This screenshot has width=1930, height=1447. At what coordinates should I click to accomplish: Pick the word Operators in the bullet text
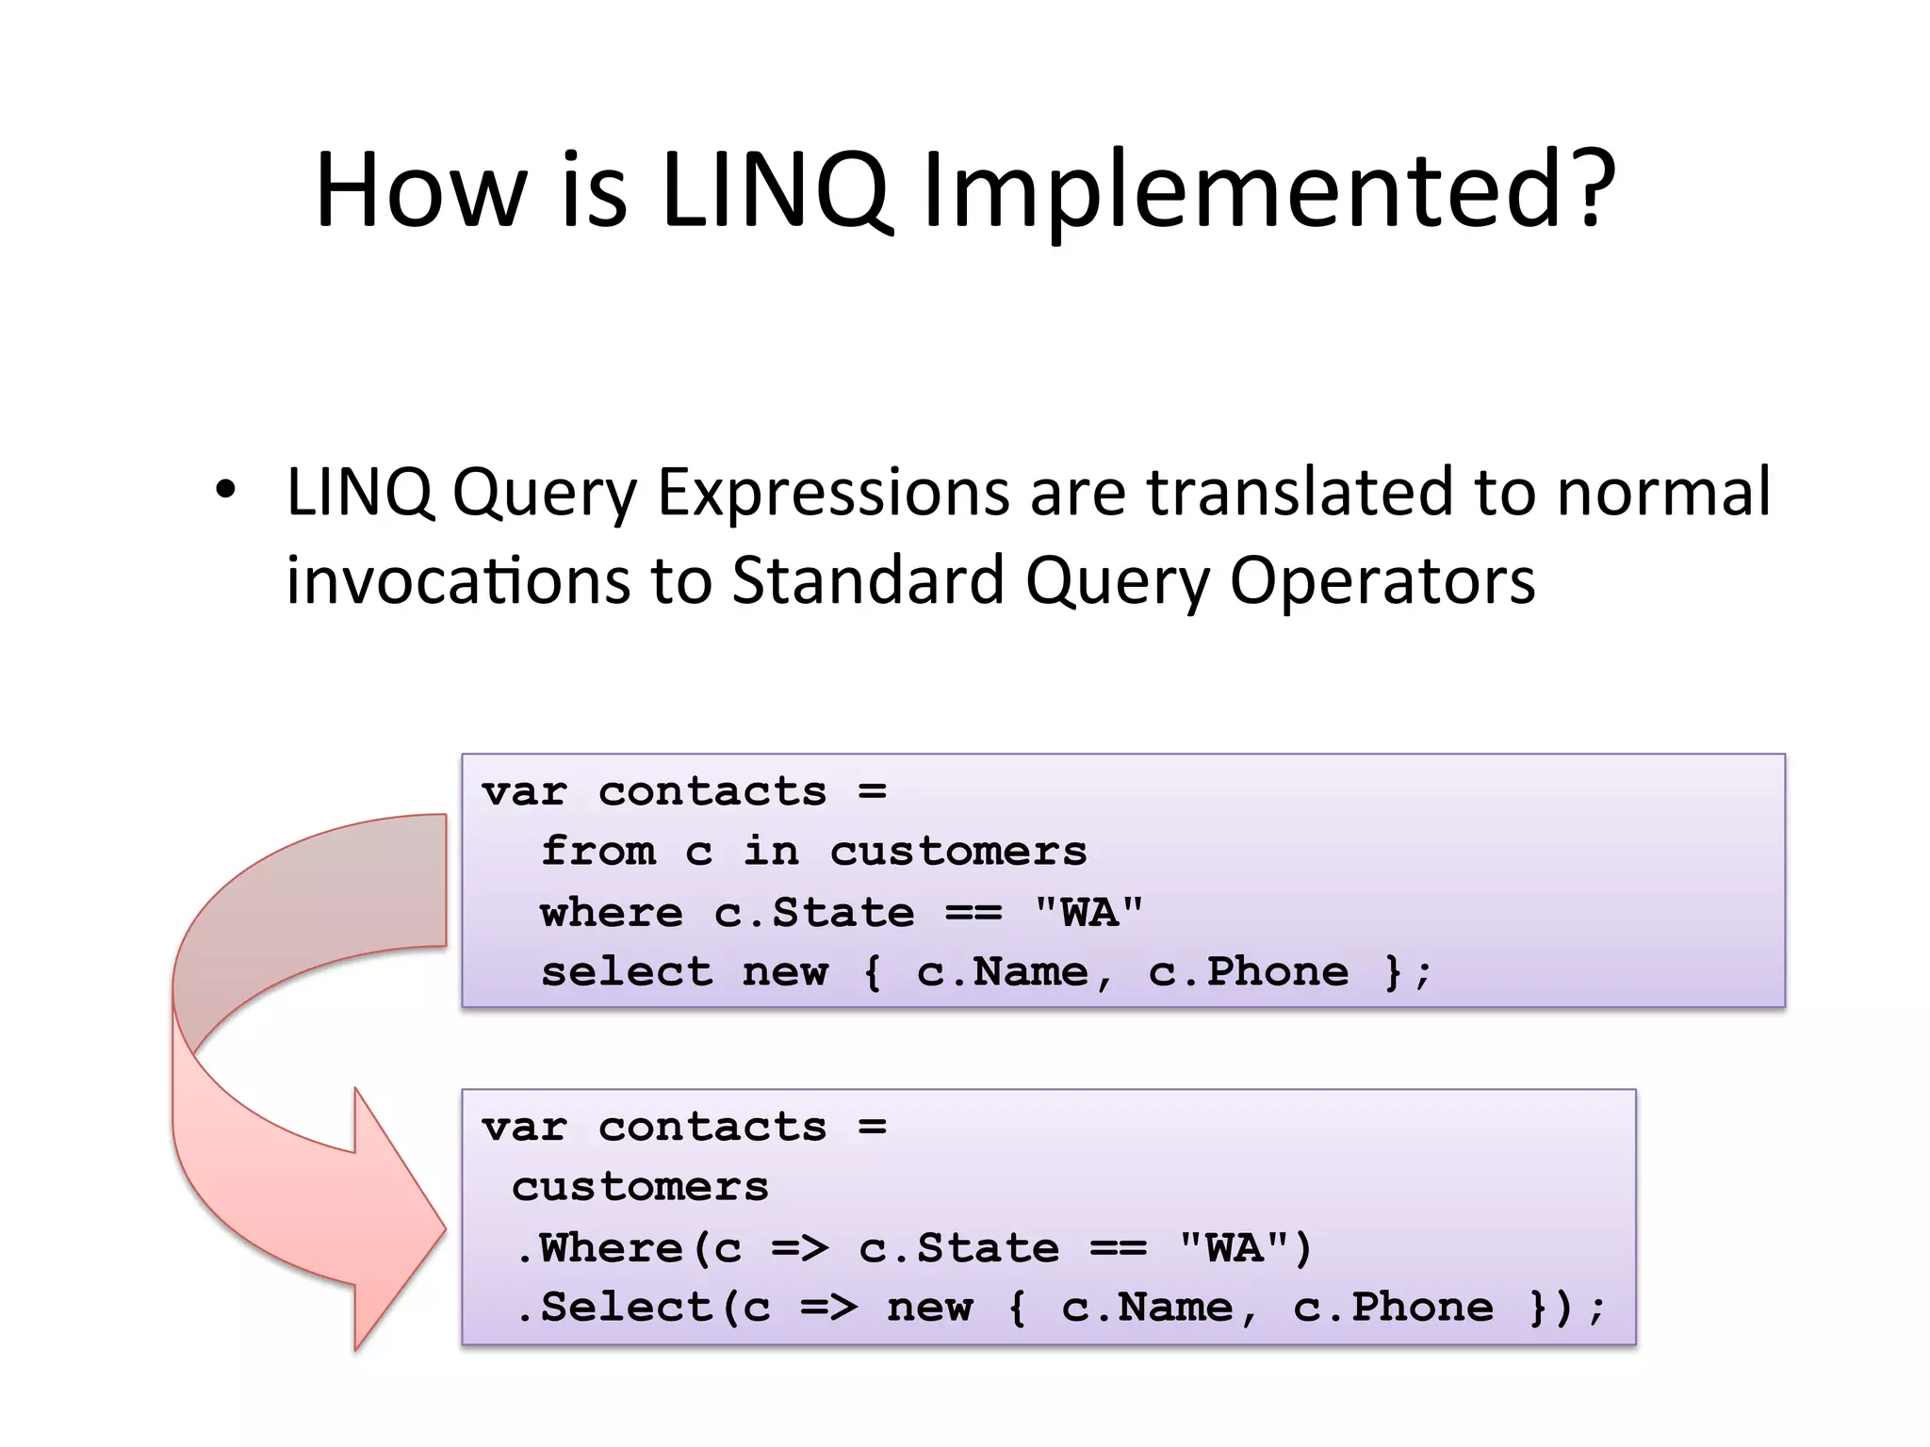pos(1382,580)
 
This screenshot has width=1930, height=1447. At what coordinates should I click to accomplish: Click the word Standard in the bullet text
pos(868,580)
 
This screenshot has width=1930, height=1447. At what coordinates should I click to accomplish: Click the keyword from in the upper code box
pos(598,852)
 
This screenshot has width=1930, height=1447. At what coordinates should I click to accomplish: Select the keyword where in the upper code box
pos(612,912)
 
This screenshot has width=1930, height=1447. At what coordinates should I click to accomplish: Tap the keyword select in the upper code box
pos(627,972)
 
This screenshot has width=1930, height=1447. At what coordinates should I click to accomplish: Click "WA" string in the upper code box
pos(1088,912)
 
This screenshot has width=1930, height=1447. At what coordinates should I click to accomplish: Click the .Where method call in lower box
pos(600,1248)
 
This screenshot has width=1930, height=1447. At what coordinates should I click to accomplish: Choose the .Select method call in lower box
pos(614,1308)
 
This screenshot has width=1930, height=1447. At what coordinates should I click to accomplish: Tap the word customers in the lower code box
pos(640,1187)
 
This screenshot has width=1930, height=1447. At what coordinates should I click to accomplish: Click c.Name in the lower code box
pos(1147,1308)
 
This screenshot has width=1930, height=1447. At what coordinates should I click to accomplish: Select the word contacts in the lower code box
pos(712,1128)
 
